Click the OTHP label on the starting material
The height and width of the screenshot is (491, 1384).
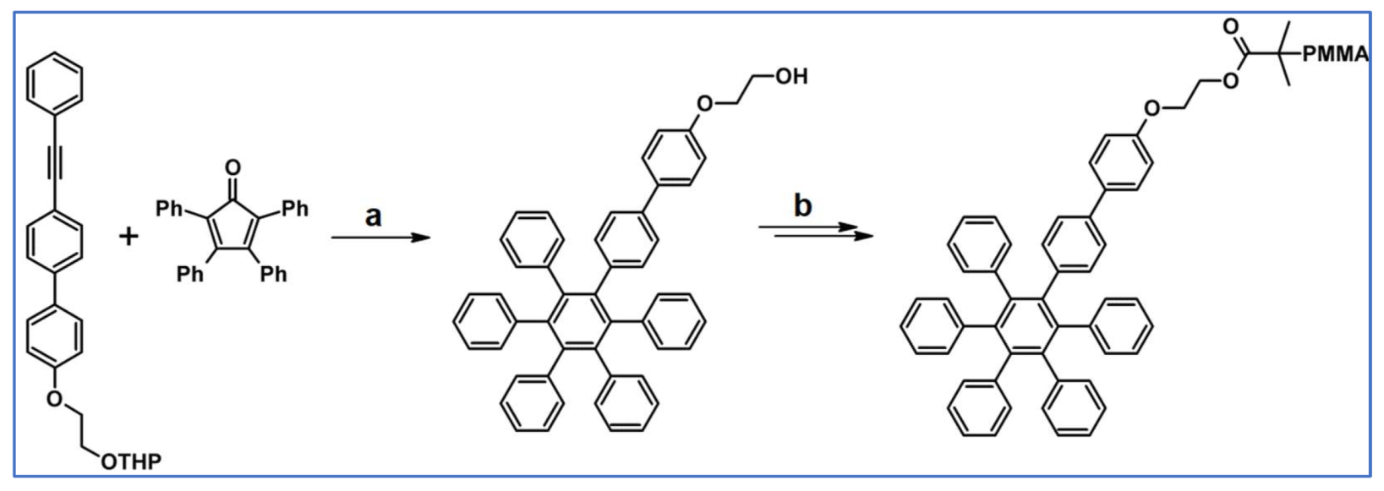click(131, 461)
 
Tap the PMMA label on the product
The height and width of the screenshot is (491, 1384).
click(1334, 55)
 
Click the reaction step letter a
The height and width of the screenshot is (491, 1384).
click(373, 215)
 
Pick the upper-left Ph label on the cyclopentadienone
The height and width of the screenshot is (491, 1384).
click(170, 207)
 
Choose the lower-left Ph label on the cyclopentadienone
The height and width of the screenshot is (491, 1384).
click(189, 274)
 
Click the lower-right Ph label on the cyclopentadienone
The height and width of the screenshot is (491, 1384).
click(272, 274)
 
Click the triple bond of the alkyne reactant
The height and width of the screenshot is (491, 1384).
click(55, 166)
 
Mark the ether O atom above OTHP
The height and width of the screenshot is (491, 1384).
click(55, 396)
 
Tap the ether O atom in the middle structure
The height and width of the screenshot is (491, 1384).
click(704, 104)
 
